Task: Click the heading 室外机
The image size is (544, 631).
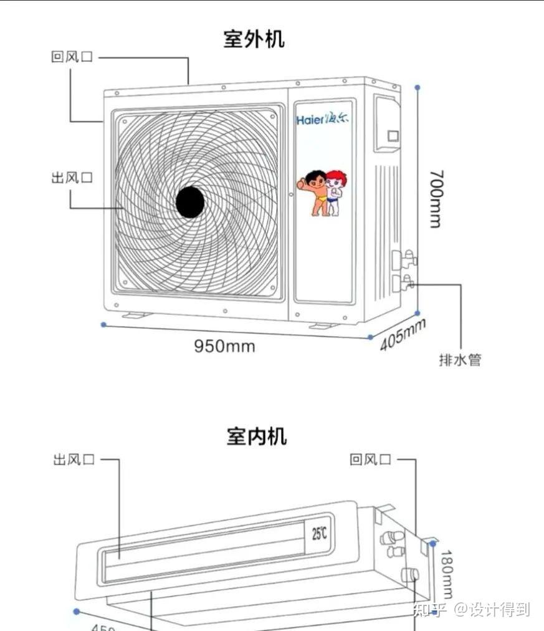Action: [254, 39]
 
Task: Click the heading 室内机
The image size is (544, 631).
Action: [256, 436]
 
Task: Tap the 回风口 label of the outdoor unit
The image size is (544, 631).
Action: [72, 57]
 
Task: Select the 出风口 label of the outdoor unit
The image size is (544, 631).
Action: [72, 178]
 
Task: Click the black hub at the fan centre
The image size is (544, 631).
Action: [190, 202]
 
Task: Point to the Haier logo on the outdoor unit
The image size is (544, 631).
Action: [323, 118]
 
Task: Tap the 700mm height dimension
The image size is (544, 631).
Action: [436, 199]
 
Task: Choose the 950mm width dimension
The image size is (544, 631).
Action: [224, 345]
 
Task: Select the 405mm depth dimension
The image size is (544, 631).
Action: [403, 334]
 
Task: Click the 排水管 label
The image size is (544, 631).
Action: [460, 360]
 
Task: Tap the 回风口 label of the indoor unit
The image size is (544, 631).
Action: [371, 460]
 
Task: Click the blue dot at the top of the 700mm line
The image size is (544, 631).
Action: [418, 88]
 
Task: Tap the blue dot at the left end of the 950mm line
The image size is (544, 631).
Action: [103, 324]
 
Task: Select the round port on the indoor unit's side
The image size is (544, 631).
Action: [409, 574]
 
